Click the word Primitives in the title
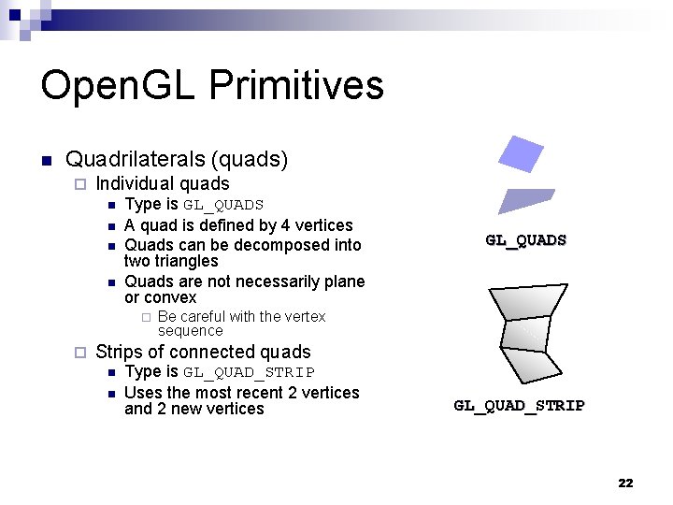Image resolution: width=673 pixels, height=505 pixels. click(296, 85)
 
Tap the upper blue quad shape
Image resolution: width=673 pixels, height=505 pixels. click(521, 154)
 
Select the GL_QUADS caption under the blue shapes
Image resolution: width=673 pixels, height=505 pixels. click(525, 240)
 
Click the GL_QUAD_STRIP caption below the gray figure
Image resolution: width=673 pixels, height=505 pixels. click(519, 406)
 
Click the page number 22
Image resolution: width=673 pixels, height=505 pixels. click(625, 483)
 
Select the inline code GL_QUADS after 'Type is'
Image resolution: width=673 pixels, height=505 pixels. click(223, 205)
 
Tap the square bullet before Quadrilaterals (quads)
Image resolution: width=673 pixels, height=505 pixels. click(46, 160)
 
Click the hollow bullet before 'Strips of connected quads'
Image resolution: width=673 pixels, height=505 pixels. click(79, 353)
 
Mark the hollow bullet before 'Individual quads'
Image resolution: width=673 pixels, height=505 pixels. click(79, 184)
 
